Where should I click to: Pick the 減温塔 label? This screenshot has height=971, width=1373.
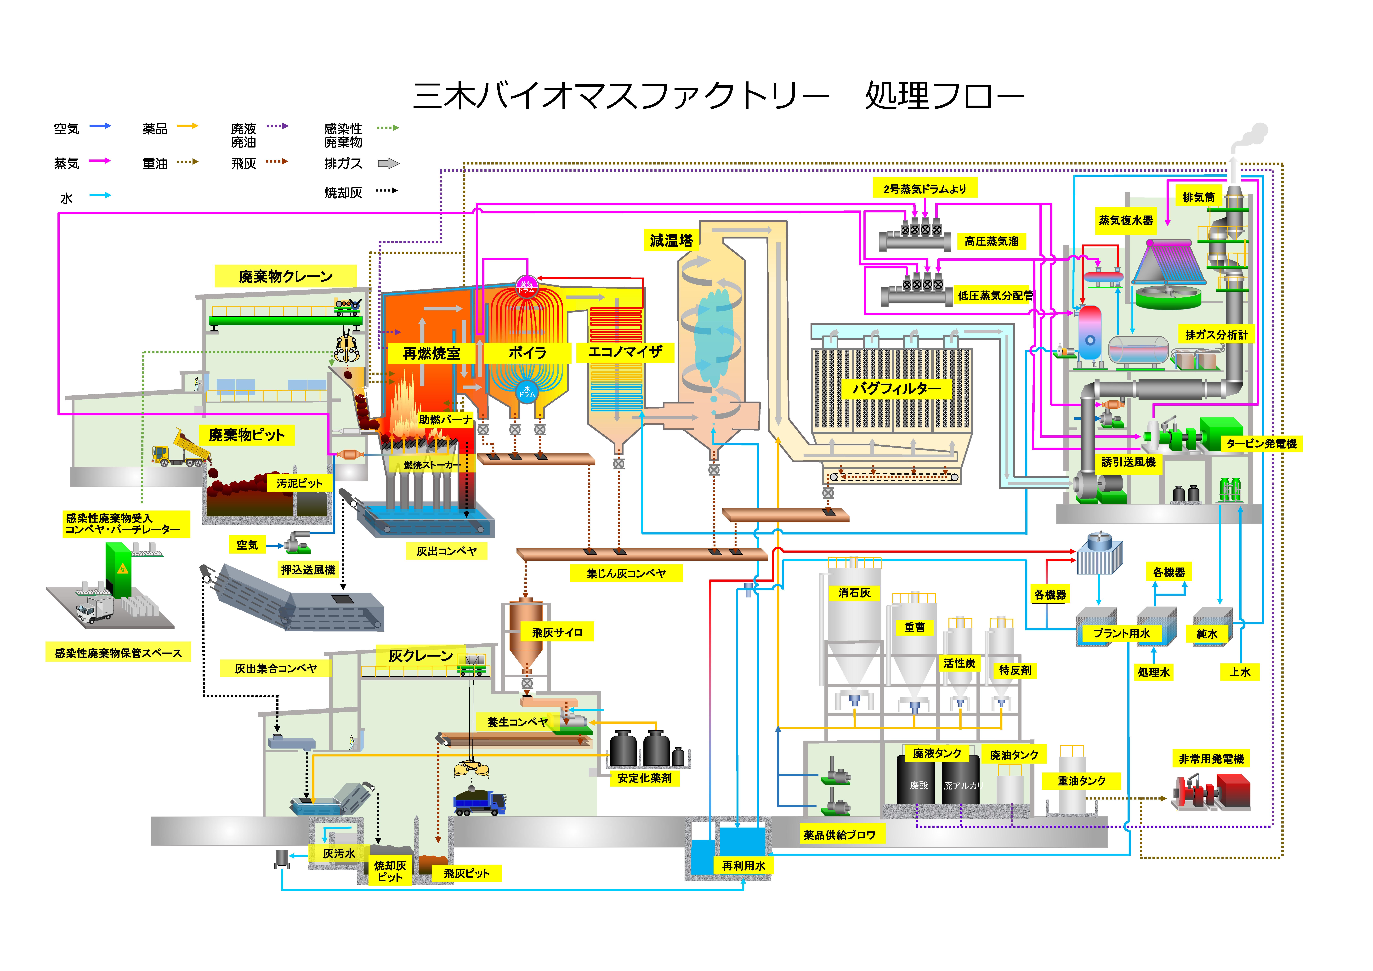click(671, 240)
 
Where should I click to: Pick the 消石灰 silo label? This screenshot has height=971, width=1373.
click(854, 592)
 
